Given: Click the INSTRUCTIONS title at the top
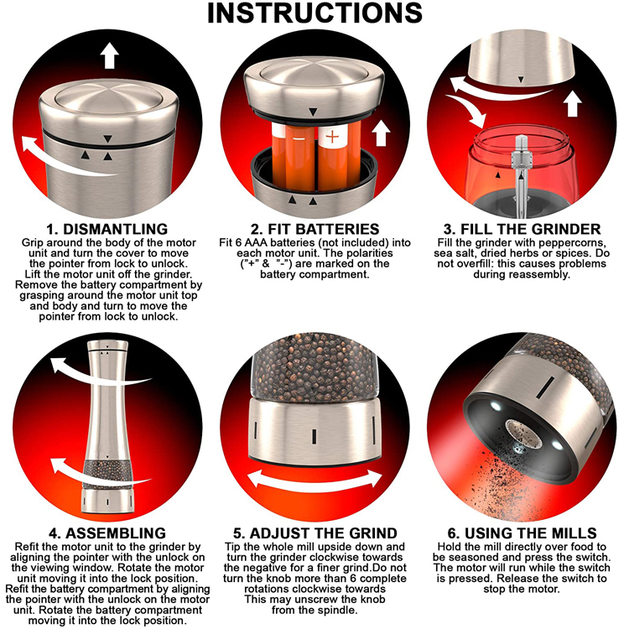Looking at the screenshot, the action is (x=314, y=13).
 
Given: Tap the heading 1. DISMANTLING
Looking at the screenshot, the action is (x=107, y=229).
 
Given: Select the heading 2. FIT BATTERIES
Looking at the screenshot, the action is (x=314, y=229).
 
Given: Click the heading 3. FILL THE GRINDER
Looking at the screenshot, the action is (x=522, y=229).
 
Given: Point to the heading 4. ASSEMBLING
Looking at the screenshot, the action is (x=107, y=533).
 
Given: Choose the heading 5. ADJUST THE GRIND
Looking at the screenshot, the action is (x=315, y=533).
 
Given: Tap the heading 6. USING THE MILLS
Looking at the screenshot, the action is (x=522, y=533).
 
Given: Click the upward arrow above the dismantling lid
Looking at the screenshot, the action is (x=109, y=55).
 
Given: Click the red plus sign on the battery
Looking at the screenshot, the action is (x=332, y=138).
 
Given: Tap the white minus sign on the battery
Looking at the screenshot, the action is (x=299, y=138).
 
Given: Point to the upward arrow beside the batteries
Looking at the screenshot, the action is (x=381, y=133).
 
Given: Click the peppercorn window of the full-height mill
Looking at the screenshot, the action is (x=107, y=473).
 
